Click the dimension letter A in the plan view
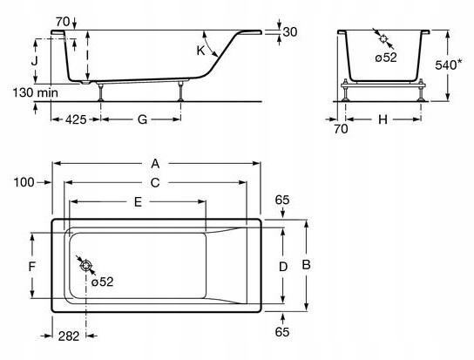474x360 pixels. pyautogui.click(x=155, y=164)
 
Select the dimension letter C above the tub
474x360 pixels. pyautogui.click(x=155, y=183)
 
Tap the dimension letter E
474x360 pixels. pyautogui.click(x=138, y=201)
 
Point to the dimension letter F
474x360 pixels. pyautogui.click(x=32, y=267)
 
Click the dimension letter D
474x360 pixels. pyautogui.click(x=283, y=267)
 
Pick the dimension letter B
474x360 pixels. pyautogui.click(x=306, y=265)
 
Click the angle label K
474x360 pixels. pyautogui.click(x=200, y=51)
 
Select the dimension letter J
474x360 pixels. pyautogui.click(x=35, y=61)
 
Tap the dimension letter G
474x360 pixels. pyautogui.click(x=142, y=119)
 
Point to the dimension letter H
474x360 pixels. pyautogui.click(x=383, y=119)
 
